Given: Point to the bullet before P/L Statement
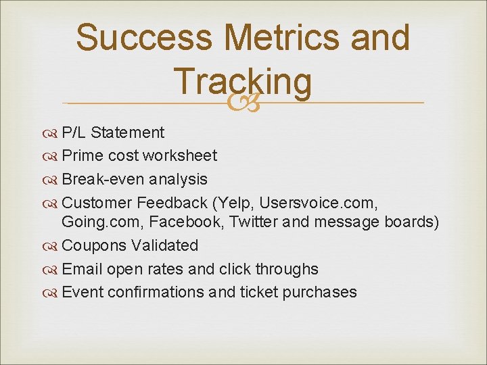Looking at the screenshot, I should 53,132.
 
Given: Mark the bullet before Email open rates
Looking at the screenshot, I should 53,269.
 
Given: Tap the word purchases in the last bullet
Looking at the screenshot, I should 321,292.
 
